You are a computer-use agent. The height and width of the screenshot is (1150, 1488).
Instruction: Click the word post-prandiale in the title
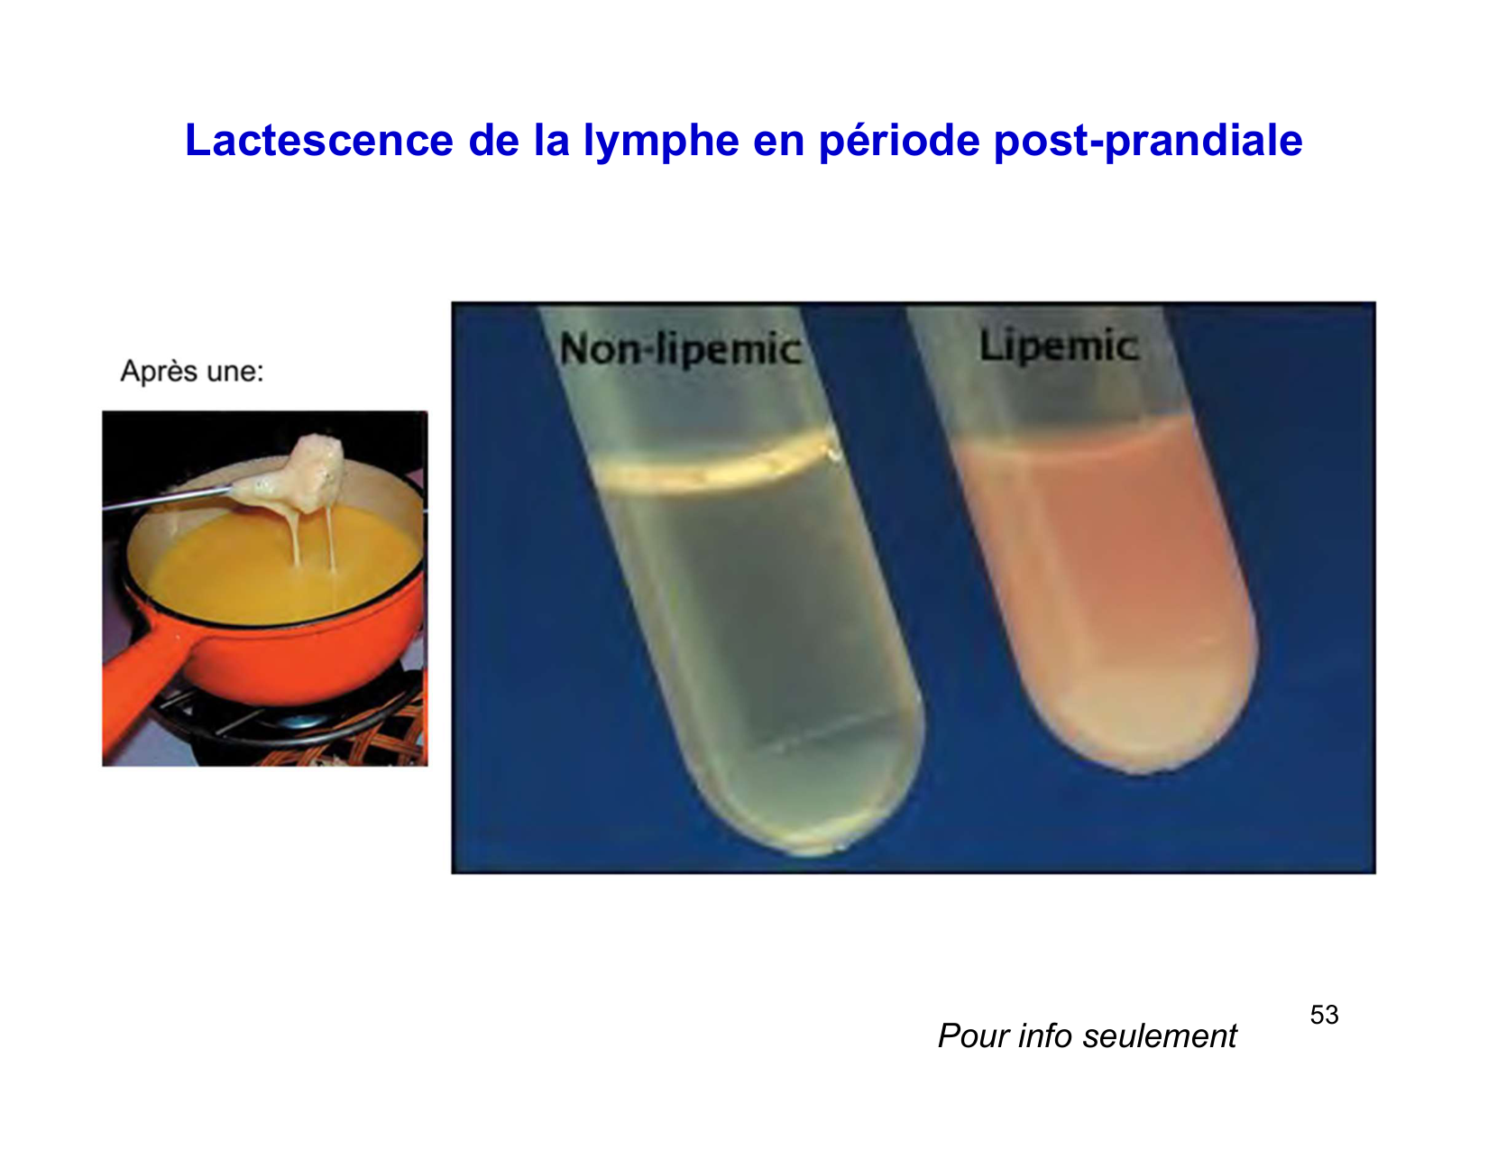[x=1148, y=142]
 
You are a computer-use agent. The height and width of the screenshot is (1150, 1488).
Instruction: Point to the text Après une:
[x=192, y=372]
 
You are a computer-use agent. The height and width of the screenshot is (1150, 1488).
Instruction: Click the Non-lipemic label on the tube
[x=680, y=350]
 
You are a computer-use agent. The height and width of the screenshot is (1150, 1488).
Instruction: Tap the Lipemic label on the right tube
[x=1058, y=346]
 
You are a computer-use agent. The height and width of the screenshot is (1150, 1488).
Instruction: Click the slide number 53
[x=1324, y=1016]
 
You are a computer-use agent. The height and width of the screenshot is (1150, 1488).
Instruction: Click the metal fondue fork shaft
[x=171, y=498]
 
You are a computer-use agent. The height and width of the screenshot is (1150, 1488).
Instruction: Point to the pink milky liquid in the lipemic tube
[x=1109, y=559]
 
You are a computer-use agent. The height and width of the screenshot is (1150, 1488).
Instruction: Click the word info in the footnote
[x=1045, y=1036]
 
